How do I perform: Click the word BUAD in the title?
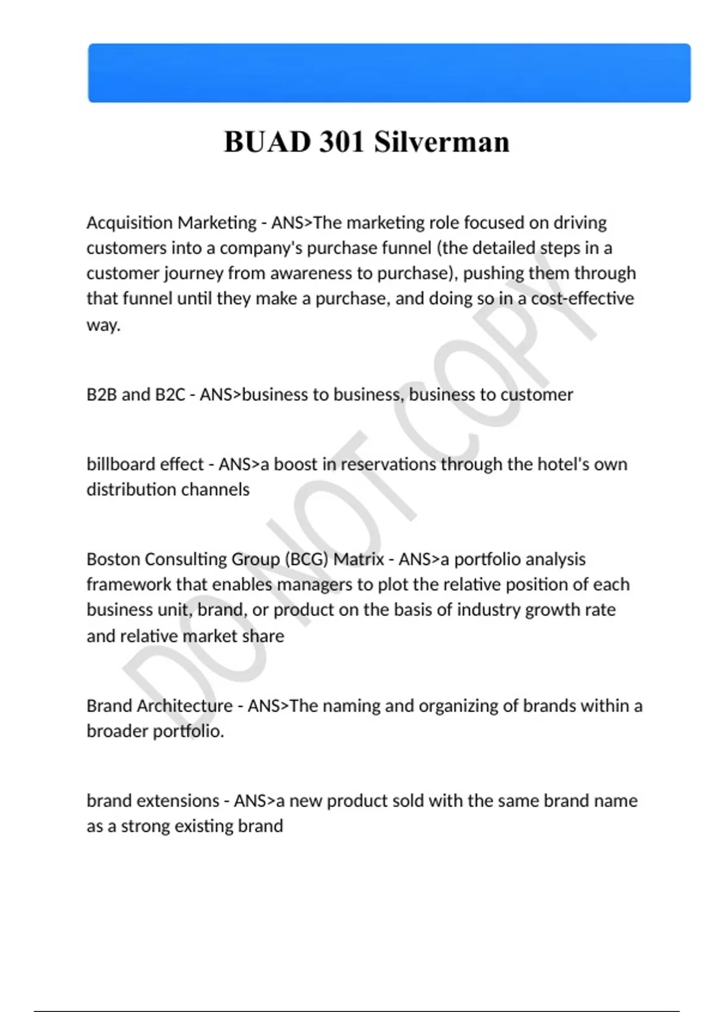[x=267, y=142]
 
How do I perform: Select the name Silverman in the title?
[x=441, y=142]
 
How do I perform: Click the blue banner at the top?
[x=389, y=73]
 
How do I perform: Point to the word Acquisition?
[x=129, y=223]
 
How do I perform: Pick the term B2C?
[x=170, y=395]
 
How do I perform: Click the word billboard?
[x=115, y=464]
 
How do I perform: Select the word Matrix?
[x=358, y=560]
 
